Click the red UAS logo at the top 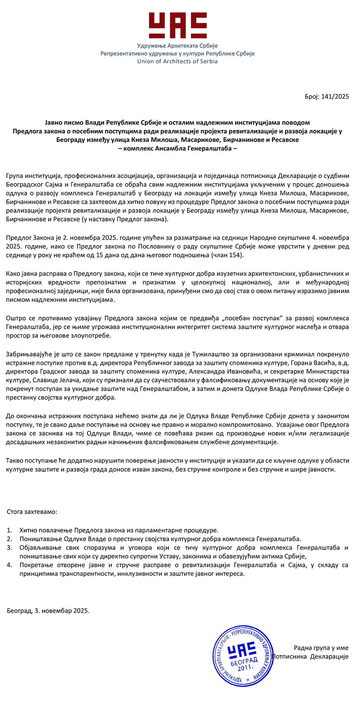(x=178, y=26)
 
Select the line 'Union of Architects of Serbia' (x=177, y=61)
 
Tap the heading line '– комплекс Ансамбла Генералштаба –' (x=177, y=148)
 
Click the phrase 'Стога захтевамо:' (x=32, y=512)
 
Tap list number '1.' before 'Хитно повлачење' (x=10, y=530)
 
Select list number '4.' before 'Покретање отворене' (x=10, y=565)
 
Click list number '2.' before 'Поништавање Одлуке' (x=10, y=539)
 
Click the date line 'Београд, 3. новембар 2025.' (x=48, y=611)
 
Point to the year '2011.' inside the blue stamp (x=246, y=667)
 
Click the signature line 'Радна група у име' (x=321, y=648)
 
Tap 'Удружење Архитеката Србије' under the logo (x=177, y=46)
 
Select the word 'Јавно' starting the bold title (x=53, y=122)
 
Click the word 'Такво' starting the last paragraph (x=14, y=461)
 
